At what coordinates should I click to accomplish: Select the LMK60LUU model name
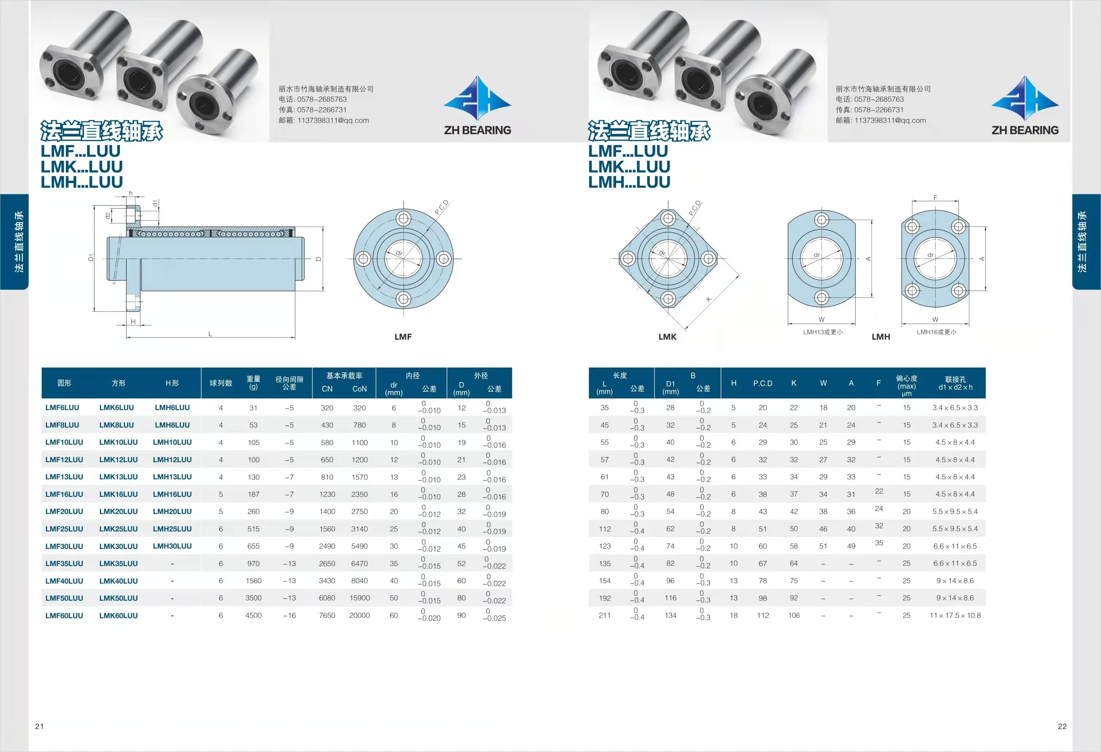118,616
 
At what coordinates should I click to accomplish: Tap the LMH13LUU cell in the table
172,477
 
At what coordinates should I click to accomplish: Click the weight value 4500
253,616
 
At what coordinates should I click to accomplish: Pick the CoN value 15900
359,598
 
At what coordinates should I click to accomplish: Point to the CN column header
327,389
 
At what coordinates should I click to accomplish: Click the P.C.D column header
763,383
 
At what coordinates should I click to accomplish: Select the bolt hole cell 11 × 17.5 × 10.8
955,616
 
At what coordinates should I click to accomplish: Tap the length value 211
604,616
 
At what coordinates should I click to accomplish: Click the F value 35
879,543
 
